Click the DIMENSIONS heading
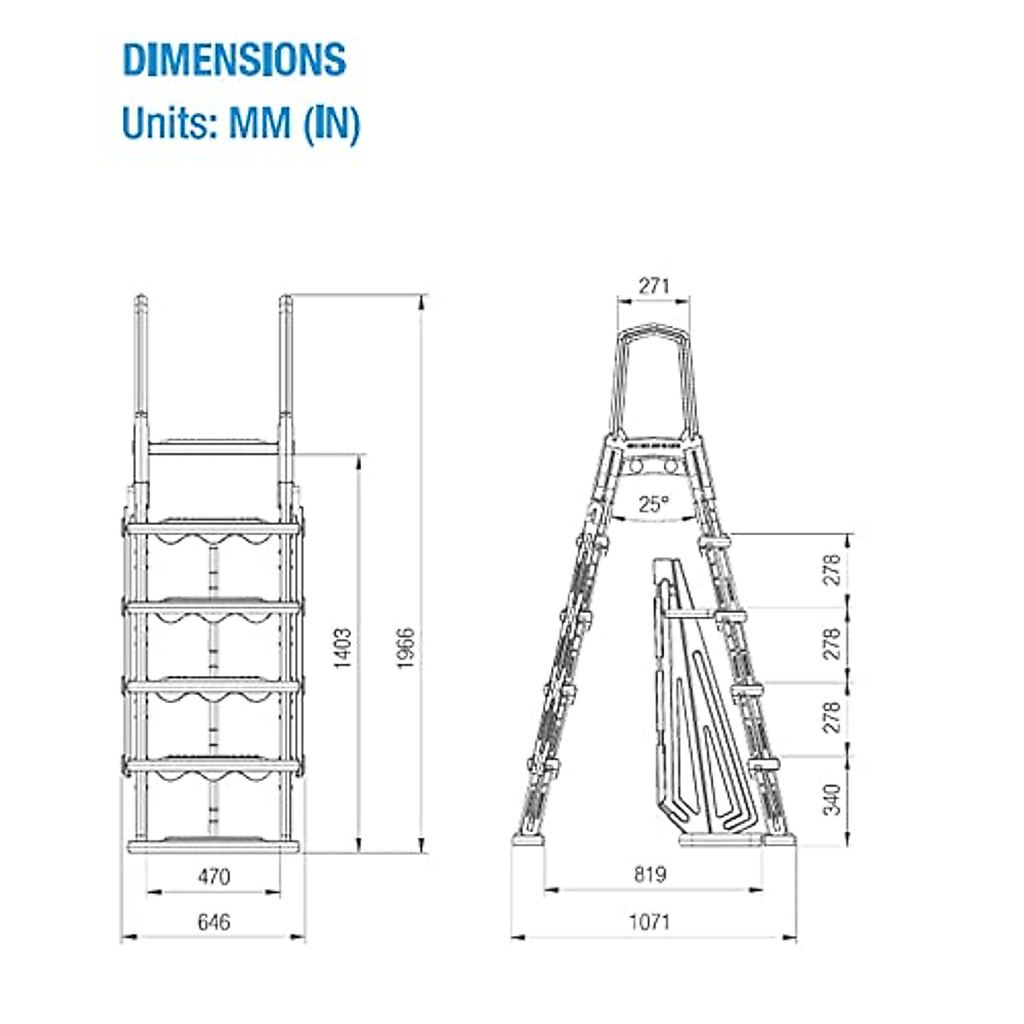pos(235,60)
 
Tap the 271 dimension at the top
pos(654,286)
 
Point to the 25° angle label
pos(653,504)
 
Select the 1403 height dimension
pos(341,649)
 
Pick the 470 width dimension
pos(213,876)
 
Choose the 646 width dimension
pos(213,922)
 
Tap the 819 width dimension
pos(650,875)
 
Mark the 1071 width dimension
pos(650,922)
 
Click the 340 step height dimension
pos(833,800)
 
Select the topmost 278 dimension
pos(833,569)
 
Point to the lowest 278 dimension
pos(833,717)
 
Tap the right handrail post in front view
pos(286,367)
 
